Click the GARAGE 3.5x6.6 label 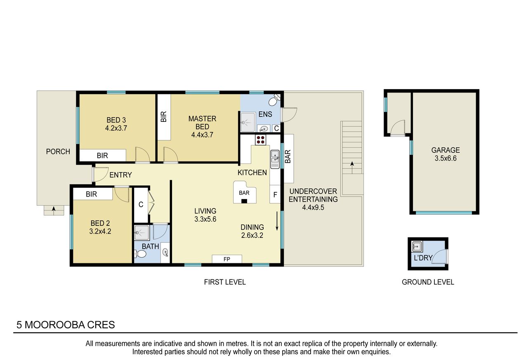pos(445,154)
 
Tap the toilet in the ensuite pos(275,100)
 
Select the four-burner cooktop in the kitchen pos(260,140)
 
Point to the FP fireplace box pos(227,259)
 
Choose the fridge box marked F pos(275,194)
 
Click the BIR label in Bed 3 pos(102,156)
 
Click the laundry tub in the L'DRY pos(417,246)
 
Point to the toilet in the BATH pos(140,254)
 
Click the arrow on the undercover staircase pos(352,168)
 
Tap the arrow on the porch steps pos(54,211)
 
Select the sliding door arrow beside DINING pos(277,221)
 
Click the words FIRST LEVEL pos(225,282)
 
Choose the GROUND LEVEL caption pos(428,282)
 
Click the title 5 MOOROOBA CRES pos(66,325)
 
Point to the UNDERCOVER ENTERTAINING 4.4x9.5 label pos(313,199)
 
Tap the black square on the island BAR pos(244,201)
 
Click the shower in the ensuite pos(247,122)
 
